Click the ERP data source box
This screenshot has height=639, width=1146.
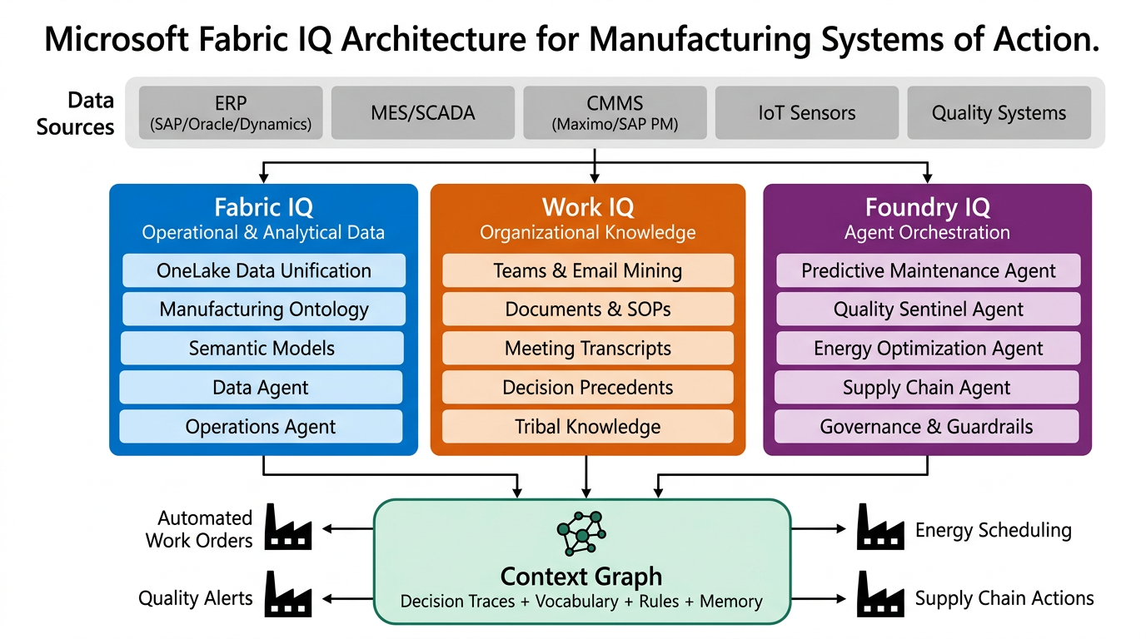pos(231,112)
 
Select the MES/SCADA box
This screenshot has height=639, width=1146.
pos(422,112)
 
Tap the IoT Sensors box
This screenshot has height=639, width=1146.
pos(806,112)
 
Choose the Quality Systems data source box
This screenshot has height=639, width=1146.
pos(999,112)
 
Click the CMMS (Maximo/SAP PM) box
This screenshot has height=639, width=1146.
pos(615,112)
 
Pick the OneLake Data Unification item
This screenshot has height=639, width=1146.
pos(264,270)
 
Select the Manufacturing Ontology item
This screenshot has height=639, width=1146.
pos(264,310)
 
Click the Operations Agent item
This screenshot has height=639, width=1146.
pos(261,427)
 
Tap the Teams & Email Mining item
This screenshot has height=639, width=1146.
pos(588,270)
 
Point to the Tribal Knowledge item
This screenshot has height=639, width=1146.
pos(588,427)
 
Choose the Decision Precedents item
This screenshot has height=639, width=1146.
pos(588,388)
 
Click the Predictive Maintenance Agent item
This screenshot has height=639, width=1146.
pos(928,270)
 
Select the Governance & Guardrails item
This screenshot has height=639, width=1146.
pos(926,427)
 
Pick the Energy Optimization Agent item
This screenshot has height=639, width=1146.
pos(928,349)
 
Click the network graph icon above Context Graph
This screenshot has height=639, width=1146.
pos(581,530)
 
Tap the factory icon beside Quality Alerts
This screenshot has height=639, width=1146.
pos(287,594)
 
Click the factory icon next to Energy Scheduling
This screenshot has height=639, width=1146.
pos(880,528)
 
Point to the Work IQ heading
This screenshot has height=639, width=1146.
pos(588,207)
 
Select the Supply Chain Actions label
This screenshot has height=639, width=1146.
pos(1004,598)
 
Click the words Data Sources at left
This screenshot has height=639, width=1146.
pos(77,114)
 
